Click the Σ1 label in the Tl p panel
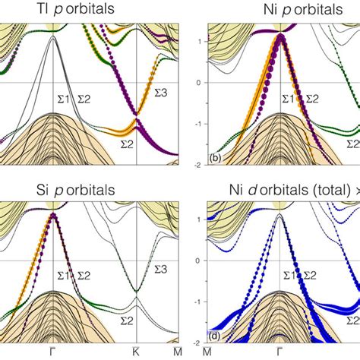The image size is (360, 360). [65, 98]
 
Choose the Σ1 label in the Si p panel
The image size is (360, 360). [65, 274]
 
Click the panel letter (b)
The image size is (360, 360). [215, 158]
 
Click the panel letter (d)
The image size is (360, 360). [215, 335]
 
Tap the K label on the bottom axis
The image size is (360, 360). [135, 351]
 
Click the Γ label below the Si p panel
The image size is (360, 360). [52, 351]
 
